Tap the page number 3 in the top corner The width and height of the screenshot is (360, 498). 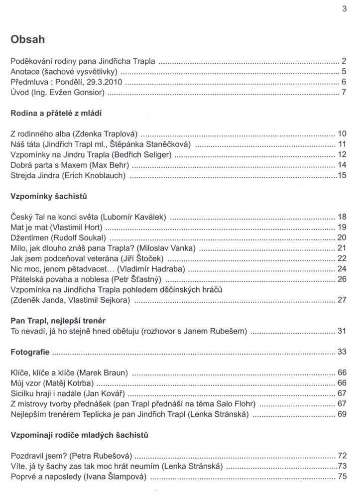tap(344, 8)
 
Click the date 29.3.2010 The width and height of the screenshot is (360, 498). tap(101, 82)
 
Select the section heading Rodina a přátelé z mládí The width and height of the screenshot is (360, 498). tap(56, 113)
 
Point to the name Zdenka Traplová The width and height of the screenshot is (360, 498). tap(110, 134)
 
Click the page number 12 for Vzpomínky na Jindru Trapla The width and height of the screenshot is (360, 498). tap(341, 155)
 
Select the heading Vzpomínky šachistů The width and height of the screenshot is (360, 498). tap(49, 196)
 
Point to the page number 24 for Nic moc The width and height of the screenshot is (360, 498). tap(341, 269)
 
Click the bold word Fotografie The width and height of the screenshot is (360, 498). tap(30, 352)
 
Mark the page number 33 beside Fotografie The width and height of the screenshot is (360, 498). tap(341, 352)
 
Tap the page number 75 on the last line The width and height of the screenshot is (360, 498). tap(341, 477)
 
